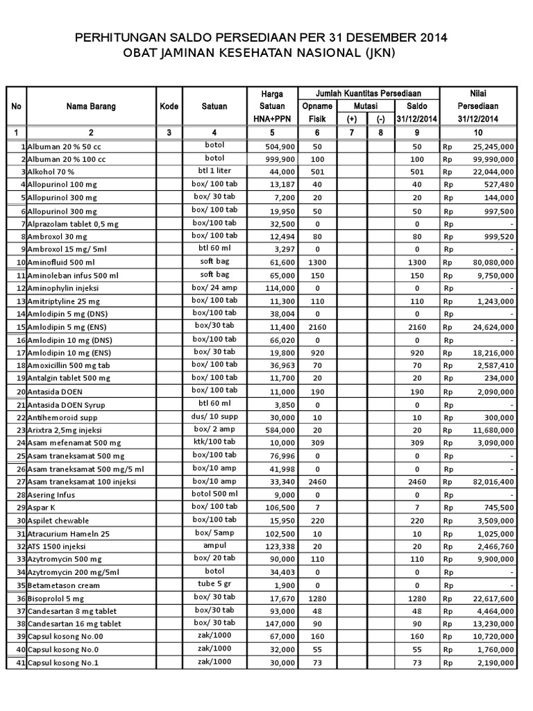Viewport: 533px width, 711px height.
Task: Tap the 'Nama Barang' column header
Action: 91,106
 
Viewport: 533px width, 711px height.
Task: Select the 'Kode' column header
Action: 169,106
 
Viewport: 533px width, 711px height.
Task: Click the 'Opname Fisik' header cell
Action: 317,112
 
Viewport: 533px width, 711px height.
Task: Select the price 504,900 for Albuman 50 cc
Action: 280,147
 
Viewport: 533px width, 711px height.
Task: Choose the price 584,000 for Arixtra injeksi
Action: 280,430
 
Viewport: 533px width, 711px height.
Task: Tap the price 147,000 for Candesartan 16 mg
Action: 280,624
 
